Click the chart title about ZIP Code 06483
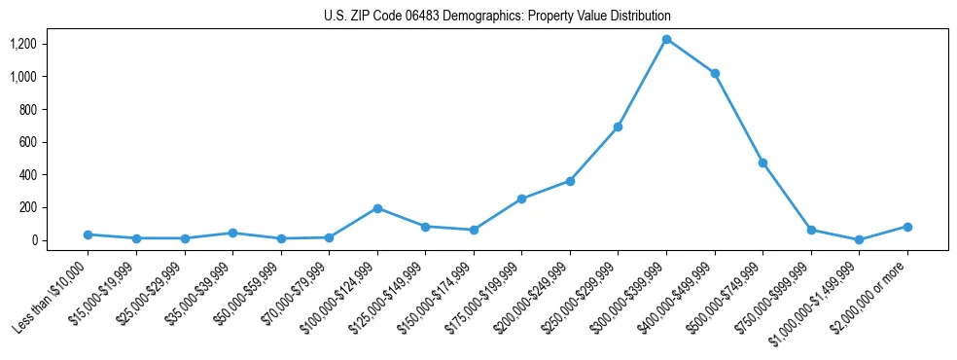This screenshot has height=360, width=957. coord(497,17)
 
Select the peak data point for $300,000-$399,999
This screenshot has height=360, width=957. coord(666,39)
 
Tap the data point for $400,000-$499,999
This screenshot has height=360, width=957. coord(715,73)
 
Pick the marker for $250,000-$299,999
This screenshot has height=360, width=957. coord(618,126)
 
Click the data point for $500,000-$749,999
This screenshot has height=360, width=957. coord(762,162)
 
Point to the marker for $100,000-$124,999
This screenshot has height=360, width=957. coord(377,208)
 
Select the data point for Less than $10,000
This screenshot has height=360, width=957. coord(88,234)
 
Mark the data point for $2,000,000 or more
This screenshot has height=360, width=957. coord(907,227)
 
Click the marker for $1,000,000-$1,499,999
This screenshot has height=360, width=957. coord(859,239)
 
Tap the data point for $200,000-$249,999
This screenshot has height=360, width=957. coord(570,181)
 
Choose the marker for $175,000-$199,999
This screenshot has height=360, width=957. coord(521,198)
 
